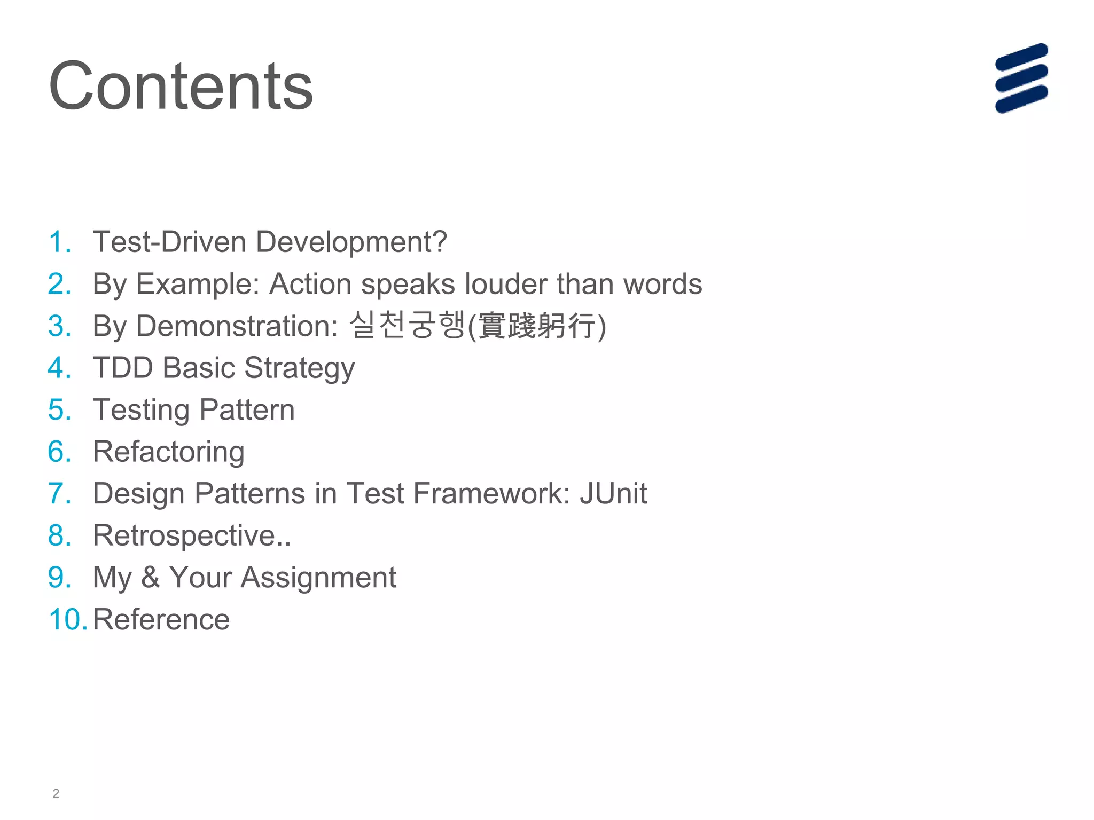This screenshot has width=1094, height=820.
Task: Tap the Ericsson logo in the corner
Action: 1021,78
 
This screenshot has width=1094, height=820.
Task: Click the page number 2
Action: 56,793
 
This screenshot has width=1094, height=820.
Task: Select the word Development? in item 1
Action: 351,242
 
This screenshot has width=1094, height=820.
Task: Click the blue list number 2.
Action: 59,284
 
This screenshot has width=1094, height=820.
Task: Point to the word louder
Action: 505,284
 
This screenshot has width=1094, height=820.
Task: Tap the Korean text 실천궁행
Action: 407,325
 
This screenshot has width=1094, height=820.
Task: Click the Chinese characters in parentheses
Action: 536,326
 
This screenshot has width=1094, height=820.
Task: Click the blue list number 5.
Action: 59,410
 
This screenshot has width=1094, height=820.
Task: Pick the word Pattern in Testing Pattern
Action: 247,410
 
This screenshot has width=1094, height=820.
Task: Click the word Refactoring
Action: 169,452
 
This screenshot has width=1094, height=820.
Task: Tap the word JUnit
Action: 613,493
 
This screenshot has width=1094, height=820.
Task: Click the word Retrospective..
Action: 184,535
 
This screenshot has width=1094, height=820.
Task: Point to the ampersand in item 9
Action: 150,578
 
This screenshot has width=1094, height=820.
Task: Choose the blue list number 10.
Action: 67,620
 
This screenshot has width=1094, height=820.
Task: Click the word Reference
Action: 161,620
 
